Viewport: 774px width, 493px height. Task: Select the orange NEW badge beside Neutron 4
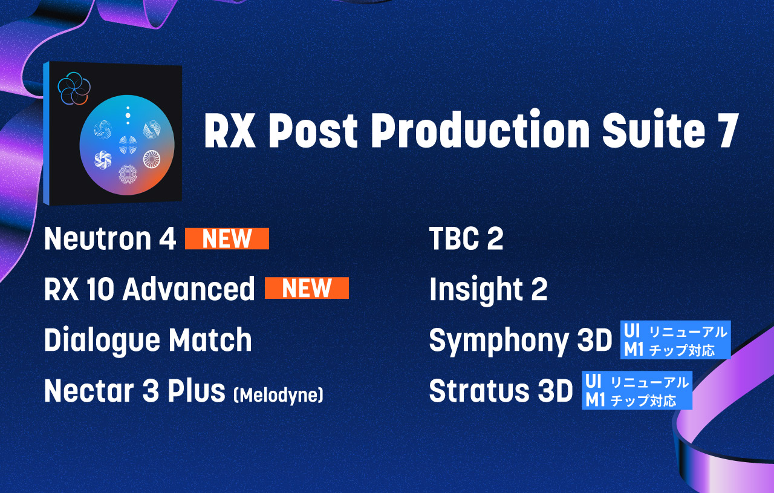pos(227,238)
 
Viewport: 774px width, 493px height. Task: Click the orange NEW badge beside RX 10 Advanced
pos(307,288)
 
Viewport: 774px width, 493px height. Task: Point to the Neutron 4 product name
pos(110,238)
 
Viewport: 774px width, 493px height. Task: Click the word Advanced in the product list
pos(189,289)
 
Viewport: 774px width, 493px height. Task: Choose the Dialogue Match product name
pos(148,340)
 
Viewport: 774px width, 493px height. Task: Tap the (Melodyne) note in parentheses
pos(279,395)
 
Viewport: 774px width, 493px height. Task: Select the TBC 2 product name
pos(466,238)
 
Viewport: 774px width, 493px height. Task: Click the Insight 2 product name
pos(488,289)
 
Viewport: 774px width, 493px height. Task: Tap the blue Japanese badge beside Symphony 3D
pos(675,340)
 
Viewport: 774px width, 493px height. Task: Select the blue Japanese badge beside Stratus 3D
pos(637,390)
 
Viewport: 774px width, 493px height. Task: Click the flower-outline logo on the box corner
pos(74,88)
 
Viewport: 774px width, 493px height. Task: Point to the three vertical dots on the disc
pos(128,115)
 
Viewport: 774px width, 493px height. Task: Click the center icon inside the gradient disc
pos(128,145)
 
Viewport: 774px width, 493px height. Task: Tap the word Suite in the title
pos(653,130)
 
